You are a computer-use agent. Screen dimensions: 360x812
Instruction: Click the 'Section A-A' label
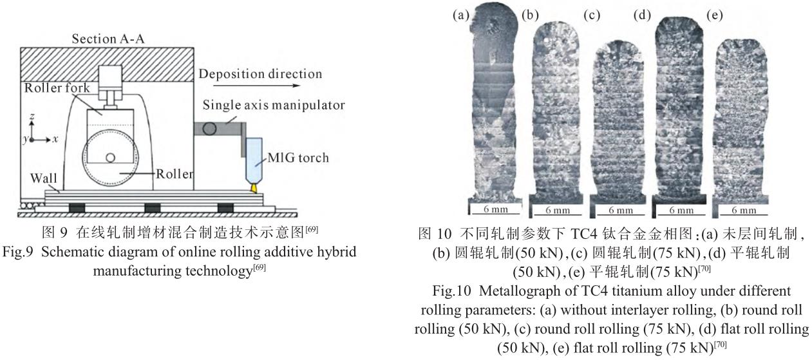click(x=109, y=40)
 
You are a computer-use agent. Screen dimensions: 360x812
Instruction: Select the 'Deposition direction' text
click(x=260, y=73)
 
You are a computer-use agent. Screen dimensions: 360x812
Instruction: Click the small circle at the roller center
click(x=111, y=158)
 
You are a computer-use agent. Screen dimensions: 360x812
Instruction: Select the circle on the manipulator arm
click(x=209, y=128)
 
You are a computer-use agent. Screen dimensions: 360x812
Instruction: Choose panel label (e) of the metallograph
click(x=715, y=14)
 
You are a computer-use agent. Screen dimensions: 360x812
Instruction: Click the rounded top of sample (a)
click(x=493, y=19)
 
